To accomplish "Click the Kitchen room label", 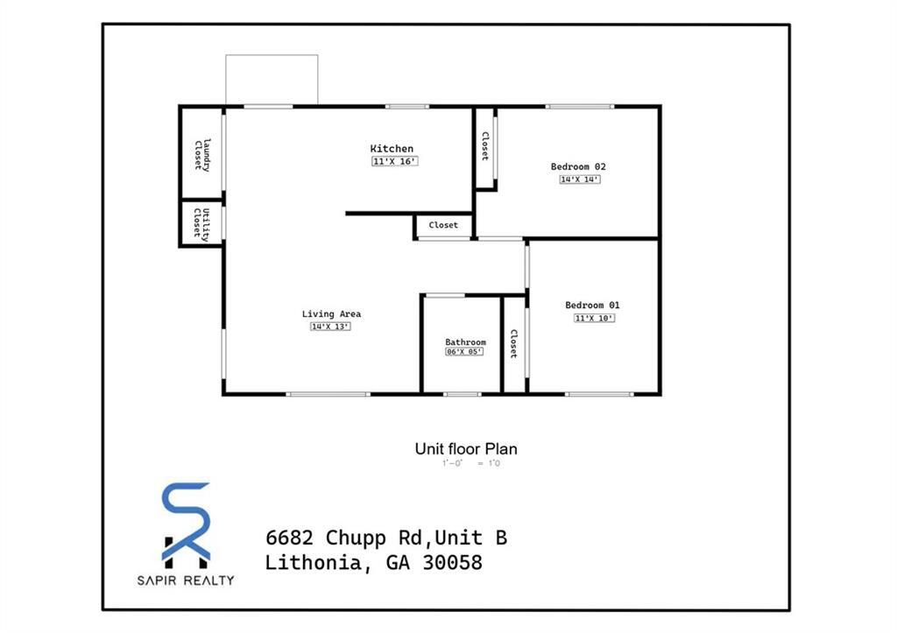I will [392, 149].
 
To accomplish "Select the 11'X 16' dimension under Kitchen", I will [394, 162].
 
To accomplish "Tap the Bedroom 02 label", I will [578, 166].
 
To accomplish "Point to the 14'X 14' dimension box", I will [580, 179].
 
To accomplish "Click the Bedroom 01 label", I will [592, 306].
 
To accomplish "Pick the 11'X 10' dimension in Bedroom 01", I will [594, 318].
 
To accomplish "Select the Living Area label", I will [331, 314].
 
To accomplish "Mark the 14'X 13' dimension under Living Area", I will [330, 327].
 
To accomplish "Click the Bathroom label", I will [465, 342].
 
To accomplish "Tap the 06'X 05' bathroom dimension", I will [464, 352].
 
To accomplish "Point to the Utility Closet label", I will [201, 223].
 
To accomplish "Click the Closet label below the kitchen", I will [443, 226].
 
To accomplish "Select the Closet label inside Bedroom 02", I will [484, 146].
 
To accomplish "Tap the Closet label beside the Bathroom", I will [514, 344].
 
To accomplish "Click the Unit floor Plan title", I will [466, 449].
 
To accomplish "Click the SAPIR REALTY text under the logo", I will [186, 580].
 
